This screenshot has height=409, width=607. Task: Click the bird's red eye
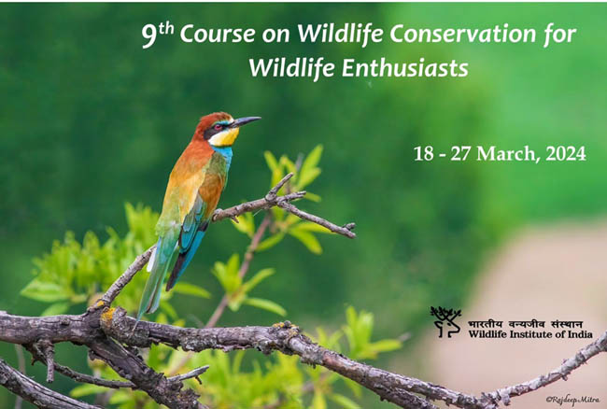pos(219,127)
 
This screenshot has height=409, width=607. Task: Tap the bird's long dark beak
pos(247,121)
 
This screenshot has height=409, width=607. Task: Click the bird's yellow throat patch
pos(224,137)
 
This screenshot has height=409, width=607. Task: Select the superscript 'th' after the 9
pos(166,29)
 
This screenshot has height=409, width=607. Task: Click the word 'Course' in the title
pos(218,34)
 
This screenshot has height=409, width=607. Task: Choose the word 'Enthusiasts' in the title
pos(405,68)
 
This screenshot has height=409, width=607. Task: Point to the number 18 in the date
pos(424,154)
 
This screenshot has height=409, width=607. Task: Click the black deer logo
pos(446,321)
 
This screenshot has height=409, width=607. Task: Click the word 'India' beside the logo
pos(580,334)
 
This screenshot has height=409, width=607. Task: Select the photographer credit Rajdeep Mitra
pos(572,400)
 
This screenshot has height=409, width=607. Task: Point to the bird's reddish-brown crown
pos(211,120)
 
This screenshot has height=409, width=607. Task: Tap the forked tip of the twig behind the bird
pos(350,230)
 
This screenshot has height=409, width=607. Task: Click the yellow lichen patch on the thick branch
pos(108,315)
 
